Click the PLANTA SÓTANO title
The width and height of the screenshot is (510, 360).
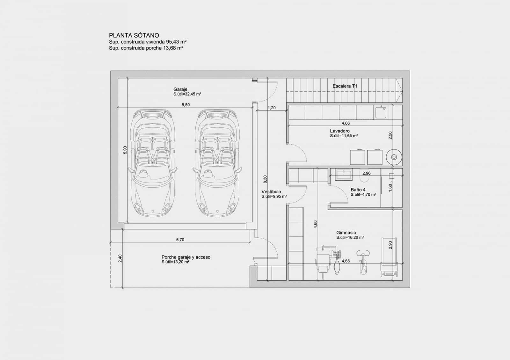pyautogui.click(x=134, y=35)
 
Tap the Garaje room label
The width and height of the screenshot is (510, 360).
pyautogui.click(x=180, y=89)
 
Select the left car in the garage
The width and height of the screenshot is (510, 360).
pyautogui.click(x=153, y=163)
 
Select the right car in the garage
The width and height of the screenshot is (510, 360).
pyautogui.click(x=217, y=163)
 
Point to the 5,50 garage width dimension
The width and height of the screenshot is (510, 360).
pyautogui.click(x=186, y=105)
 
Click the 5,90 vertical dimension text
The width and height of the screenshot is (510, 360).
pyautogui.click(x=125, y=150)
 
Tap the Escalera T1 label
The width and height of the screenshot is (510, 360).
pyautogui.click(x=345, y=86)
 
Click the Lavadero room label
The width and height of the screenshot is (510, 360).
pyautogui.click(x=340, y=131)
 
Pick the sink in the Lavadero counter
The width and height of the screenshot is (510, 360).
pyautogui.click(x=381, y=112)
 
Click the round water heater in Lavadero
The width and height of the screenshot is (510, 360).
pyautogui.click(x=394, y=157)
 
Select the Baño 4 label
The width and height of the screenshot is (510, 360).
pyautogui.click(x=358, y=190)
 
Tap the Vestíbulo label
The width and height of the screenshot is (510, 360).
pyautogui.click(x=271, y=192)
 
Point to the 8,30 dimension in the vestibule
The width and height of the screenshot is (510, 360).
pyautogui.click(x=265, y=179)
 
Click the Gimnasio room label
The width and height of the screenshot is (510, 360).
pyautogui.click(x=346, y=233)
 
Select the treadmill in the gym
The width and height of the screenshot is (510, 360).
pyautogui.click(x=389, y=257)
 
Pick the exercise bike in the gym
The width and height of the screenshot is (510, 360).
pyautogui.click(x=363, y=261)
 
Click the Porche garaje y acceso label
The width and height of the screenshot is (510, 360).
pyautogui.click(x=186, y=257)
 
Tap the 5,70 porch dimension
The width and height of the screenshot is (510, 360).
pyautogui.click(x=180, y=240)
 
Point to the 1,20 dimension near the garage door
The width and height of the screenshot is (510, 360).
pyautogui.click(x=272, y=108)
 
